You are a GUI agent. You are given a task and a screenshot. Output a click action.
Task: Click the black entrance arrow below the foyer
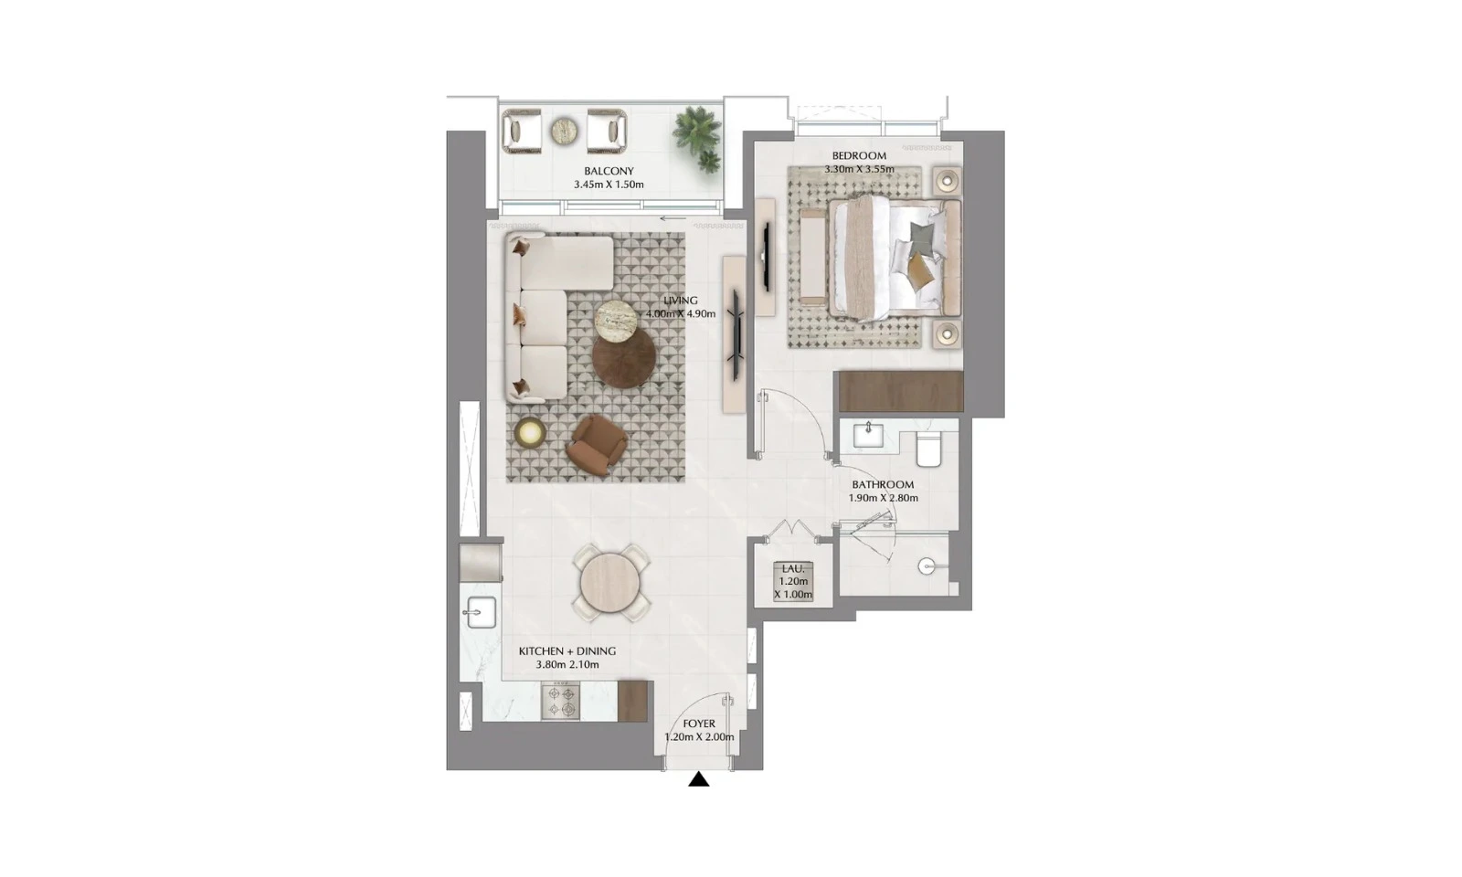(x=698, y=779)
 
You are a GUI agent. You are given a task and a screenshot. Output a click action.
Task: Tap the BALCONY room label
(x=609, y=172)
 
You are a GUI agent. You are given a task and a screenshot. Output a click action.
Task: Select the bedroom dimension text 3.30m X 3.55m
(x=859, y=169)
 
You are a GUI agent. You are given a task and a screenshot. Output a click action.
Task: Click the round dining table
(x=611, y=583)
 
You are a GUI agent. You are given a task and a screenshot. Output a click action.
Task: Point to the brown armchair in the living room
(x=597, y=446)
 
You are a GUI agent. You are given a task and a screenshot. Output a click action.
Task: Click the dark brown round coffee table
(x=624, y=357)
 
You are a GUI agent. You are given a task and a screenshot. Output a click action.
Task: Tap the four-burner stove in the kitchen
(x=560, y=702)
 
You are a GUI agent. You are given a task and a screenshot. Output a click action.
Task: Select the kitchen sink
(x=480, y=612)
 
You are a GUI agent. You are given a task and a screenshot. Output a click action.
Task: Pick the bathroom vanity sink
(x=868, y=435)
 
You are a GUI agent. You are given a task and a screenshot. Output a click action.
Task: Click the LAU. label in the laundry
(x=793, y=568)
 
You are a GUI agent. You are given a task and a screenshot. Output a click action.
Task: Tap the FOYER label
(x=699, y=724)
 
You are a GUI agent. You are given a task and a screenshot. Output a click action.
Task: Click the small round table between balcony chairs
(x=564, y=132)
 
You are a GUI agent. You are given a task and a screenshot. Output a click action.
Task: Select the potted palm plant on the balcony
(x=699, y=137)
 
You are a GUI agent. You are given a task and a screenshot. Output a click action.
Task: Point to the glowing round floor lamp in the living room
(x=529, y=432)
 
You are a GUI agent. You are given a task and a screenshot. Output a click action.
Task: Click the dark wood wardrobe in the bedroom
(x=901, y=392)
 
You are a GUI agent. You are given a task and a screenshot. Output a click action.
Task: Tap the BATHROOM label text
(x=883, y=485)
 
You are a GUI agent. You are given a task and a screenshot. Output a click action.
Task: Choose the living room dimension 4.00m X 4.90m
(x=681, y=314)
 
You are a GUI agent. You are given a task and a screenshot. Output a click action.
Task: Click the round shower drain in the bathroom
(x=927, y=566)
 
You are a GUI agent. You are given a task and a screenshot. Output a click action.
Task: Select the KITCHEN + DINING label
(x=567, y=651)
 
